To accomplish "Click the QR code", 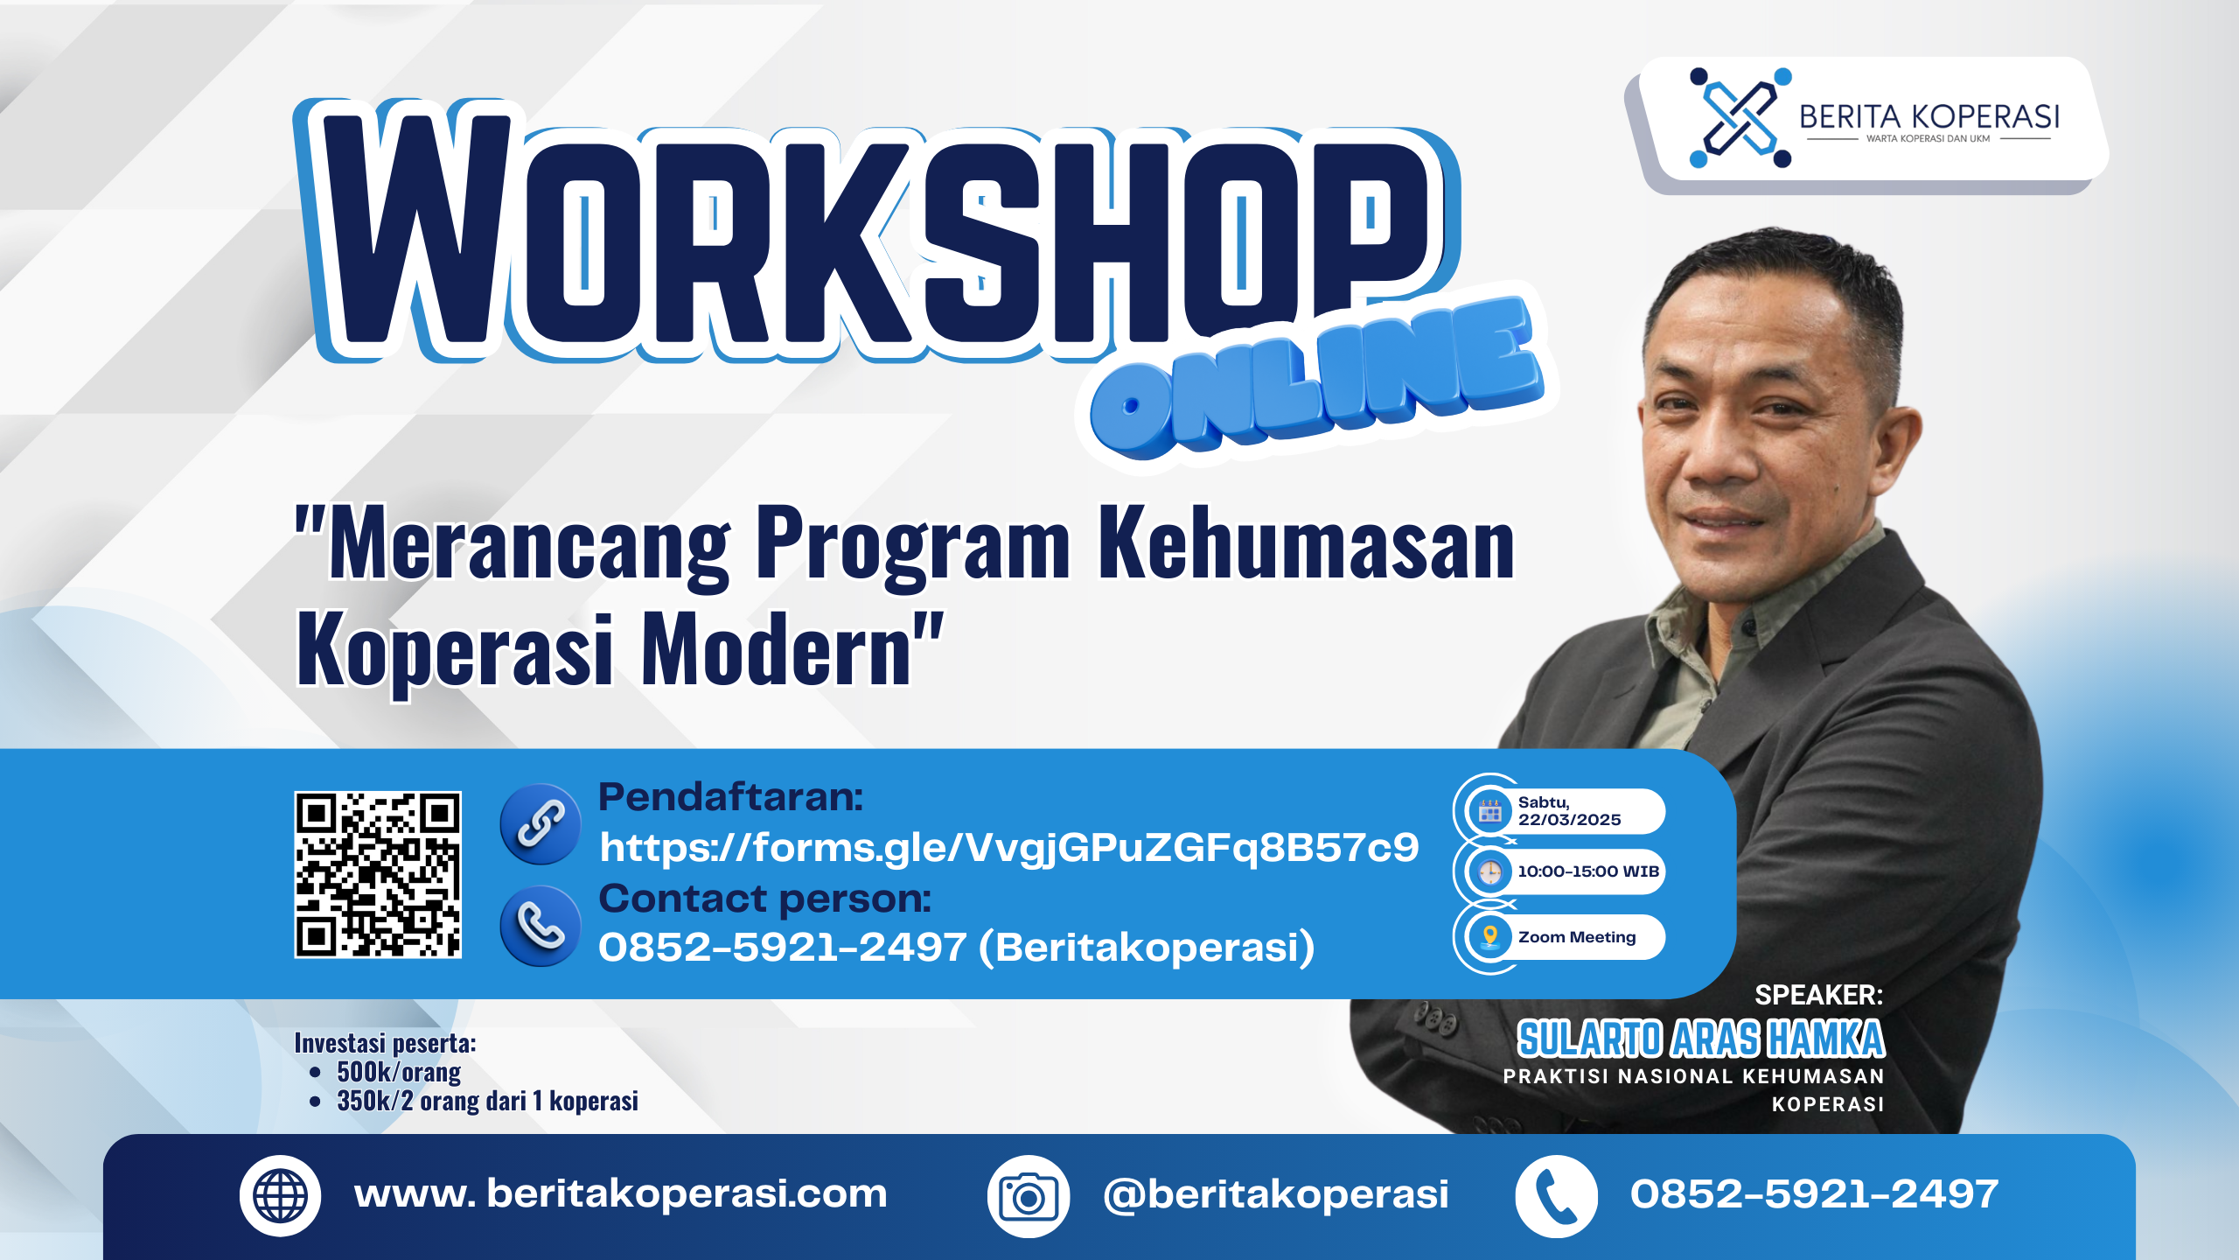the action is [x=378, y=875].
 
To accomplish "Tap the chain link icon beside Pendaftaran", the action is [x=541, y=824].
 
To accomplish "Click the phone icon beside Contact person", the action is [x=541, y=926].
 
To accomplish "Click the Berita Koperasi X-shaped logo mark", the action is [x=1740, y=117].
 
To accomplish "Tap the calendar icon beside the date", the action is [x=1490, y=811].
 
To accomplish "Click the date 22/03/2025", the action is [x=1570, y=820].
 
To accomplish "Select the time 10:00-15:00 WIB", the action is [x=1588, y=871].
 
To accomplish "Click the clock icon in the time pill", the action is [x=1490, y=871].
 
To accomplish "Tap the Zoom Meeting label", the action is [x=1577, y=937].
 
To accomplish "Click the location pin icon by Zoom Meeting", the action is [x=1490, y=937].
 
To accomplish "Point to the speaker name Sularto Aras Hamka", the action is [x=1701, y=1039].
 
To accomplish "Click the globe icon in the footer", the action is [x=280, y=1195].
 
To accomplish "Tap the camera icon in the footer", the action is [x=1029, y=1196].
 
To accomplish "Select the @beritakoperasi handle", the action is [x=1276, y=1194].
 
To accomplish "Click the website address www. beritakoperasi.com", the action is [x=621, y=1194].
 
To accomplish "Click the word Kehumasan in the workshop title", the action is [x=1307, y=544].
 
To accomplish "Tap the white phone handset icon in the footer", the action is [x=1557, y=1196].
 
